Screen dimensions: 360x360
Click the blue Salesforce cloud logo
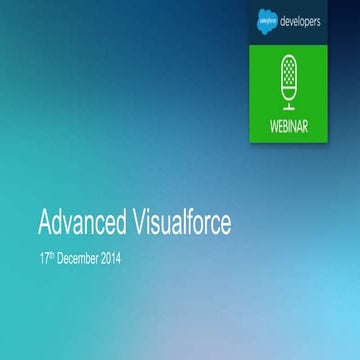pos(268,19)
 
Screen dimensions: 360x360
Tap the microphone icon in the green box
pos(289,81)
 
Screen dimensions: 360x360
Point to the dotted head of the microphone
pos(289,69)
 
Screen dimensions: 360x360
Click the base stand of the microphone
pos(289,107)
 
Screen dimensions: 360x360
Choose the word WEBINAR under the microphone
pos(290,128)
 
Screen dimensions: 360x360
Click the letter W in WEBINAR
pos(269,128)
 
